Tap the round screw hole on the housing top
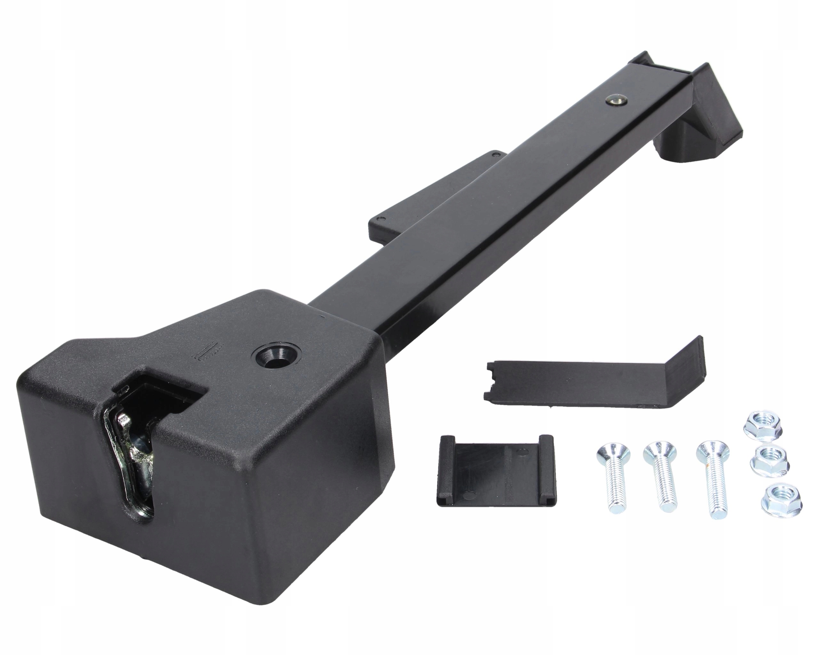click(274, 356)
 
